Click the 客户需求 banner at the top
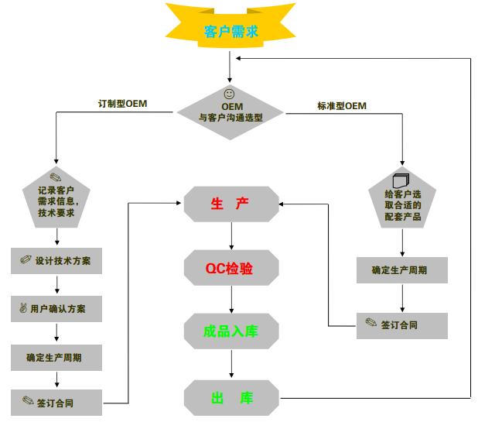coord(230,32)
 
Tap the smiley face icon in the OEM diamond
coord(229,93)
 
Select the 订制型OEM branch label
coord(122,104)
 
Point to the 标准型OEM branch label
coord(341,105)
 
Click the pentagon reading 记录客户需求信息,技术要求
coord(56,197)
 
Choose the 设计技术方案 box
coord(56,261)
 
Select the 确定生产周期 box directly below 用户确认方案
coord(56,357)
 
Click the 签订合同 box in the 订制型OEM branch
coord(56,403)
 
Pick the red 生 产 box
coord(230,204)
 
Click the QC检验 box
coord(230,268)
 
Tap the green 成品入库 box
coord(230,331)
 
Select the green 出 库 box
coord(230,398)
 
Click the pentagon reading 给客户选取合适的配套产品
coord(402,199)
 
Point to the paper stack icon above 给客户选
coord(399,178)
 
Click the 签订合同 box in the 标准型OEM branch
coord(402,325)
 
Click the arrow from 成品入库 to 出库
coord(230,363)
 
